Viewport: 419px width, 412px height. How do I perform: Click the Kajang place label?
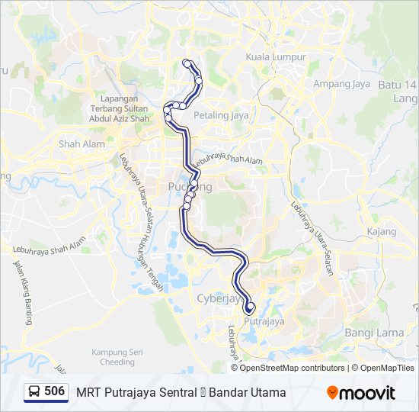tap(381, 231)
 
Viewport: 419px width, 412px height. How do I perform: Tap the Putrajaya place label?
tap(263, 322)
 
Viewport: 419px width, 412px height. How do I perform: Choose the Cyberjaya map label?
tap(219, 298)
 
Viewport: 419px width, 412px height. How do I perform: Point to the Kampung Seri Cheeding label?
tap(113, 357)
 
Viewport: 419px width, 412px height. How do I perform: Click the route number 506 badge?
tap(54, 391)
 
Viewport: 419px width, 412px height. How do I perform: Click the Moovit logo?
tap(361, 393)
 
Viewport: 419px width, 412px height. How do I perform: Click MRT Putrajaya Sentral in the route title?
tap(134, 393)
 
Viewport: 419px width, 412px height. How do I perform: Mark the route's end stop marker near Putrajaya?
tap(250, 307)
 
